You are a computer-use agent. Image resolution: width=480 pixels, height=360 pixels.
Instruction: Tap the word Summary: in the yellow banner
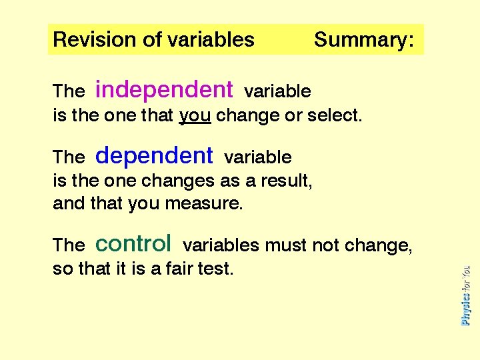(363, 40)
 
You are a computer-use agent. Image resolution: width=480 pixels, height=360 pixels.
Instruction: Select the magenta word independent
(164, 89)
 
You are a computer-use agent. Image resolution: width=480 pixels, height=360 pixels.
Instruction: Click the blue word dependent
(154, 156)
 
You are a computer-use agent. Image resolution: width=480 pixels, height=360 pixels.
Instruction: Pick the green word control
(133, 243)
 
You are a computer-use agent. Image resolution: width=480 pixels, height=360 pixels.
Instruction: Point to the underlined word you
(195, 116)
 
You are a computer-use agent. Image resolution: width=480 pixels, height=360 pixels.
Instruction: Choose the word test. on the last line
(217, 269)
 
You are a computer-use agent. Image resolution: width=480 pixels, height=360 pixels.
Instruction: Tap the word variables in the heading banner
(211, 40)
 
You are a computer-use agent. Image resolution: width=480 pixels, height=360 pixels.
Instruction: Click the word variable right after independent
(277, 91)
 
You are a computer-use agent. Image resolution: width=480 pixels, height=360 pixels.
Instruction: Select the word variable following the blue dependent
(258, 157)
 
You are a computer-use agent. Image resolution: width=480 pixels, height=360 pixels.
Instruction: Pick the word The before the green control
(69, 245)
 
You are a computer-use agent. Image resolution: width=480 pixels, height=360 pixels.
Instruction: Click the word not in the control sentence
(326, 245)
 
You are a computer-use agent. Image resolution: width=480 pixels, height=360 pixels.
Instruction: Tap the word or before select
(293, 115)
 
